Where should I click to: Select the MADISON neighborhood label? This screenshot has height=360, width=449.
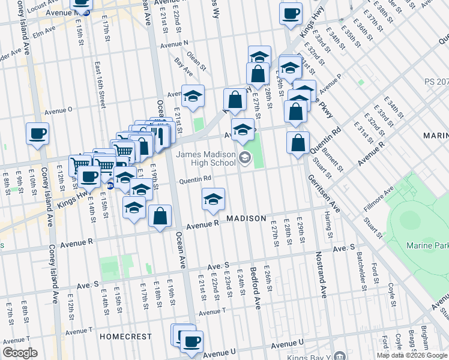(x=246, y=218)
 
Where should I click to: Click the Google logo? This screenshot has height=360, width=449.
(x=20, y=353)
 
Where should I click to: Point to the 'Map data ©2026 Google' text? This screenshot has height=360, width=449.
(x=412, y=355)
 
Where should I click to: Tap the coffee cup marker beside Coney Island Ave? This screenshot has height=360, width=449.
(x=37, y=134)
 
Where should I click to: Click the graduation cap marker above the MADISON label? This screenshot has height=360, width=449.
(x=213, y=200)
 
